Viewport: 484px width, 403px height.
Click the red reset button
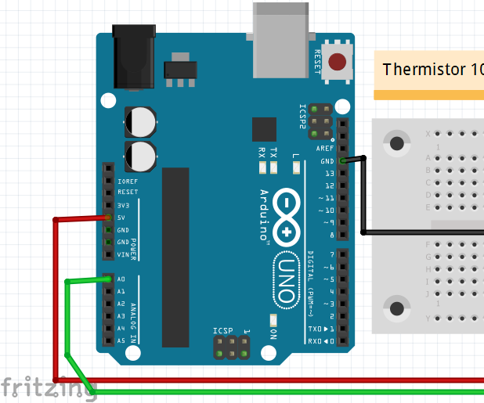338,62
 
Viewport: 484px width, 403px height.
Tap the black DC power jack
135,57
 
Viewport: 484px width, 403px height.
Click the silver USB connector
281,39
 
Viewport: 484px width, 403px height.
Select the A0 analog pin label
121,279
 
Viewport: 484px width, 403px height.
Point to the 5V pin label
121,218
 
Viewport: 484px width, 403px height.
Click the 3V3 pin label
123,205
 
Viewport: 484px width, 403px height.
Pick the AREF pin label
325,148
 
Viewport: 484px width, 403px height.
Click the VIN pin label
123,255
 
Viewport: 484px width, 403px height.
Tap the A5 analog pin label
121,341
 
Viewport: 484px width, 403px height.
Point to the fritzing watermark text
47,387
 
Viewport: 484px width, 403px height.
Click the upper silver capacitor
141,121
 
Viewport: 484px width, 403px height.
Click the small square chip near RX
265,130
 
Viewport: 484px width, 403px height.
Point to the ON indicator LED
273,320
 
